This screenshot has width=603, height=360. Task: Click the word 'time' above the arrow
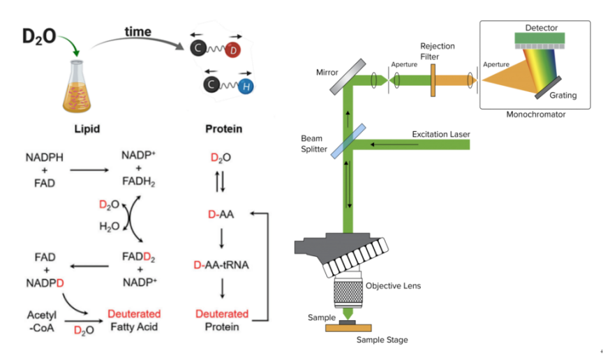tap(137, 32)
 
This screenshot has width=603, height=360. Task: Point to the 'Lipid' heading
tap(85, 129)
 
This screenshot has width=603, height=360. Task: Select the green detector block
tap(542, 41)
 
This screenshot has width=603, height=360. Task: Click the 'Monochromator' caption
tap(536, 114)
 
